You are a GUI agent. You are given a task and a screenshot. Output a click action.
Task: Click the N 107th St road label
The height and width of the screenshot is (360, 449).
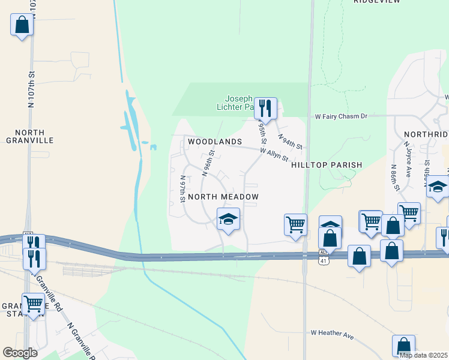point(32,90)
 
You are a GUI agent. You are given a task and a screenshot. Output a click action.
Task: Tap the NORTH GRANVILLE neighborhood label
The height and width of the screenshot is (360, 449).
point(30,136)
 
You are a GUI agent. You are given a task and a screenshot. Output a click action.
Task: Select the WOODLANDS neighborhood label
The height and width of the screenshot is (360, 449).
point(214,142)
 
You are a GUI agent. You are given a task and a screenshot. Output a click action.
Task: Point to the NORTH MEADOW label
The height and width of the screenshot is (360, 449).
point(223,197)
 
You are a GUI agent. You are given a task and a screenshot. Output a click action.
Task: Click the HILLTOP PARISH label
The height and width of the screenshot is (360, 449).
point(327,165)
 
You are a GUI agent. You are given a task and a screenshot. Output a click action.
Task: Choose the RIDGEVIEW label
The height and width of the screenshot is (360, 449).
point(377,2)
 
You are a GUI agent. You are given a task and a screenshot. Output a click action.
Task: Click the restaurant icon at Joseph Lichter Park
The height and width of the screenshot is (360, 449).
point(265,109)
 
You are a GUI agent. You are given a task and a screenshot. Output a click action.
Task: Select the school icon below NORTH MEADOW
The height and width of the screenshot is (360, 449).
point(228,220)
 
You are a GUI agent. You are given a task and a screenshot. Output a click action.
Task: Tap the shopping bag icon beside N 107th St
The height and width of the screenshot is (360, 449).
point(22,25)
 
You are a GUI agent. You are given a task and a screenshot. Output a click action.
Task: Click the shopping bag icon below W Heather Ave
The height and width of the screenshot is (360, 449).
point(403,346)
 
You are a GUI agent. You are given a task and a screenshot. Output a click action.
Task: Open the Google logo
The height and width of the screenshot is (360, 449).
point(20,353)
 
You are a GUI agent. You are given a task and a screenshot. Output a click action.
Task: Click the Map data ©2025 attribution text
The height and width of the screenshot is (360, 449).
point(423,355)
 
